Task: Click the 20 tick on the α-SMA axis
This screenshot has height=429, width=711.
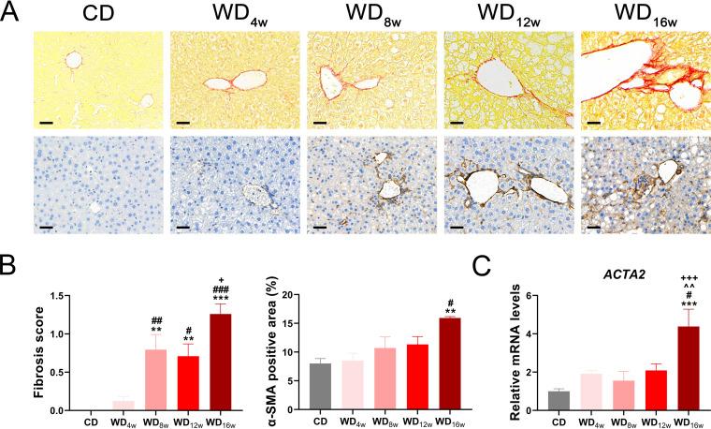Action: [x=296, y=296]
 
